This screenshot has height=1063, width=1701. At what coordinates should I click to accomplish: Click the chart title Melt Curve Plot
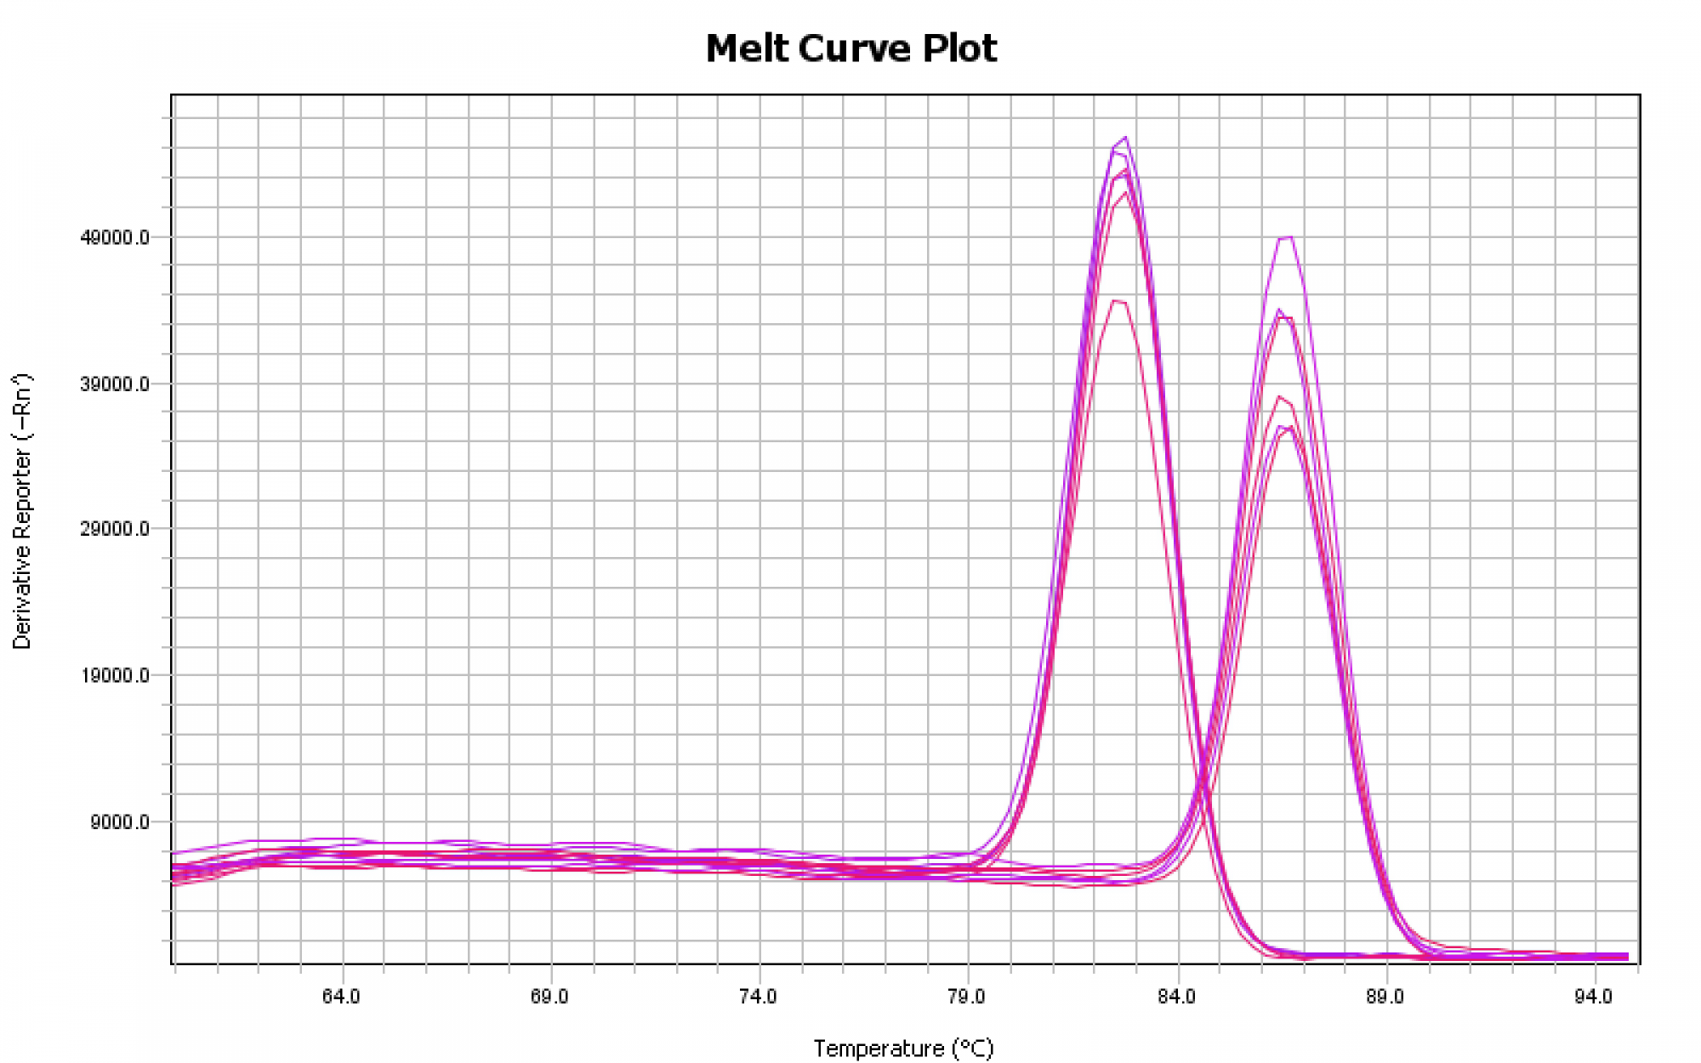pos(850,48)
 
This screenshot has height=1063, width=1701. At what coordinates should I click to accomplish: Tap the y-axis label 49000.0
pos(115,237)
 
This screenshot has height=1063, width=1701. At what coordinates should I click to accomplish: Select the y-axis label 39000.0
pos(115,384)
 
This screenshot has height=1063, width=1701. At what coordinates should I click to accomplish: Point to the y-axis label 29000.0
pos(115,529)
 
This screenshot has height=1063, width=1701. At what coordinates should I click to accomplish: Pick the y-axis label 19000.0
pos(115,676)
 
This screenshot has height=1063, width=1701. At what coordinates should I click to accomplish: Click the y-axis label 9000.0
pos(119,822)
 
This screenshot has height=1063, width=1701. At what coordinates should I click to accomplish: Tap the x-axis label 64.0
pos(341,996)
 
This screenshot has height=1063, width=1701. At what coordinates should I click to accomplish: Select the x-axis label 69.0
pos(549,996)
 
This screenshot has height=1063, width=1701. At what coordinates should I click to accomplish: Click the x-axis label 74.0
pos(759,996)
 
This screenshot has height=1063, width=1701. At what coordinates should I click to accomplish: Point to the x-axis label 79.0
pos(967,996)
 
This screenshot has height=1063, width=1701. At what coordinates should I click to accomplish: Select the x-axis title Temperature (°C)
pos(903,1049)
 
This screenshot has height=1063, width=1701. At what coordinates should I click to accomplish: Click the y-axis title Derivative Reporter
pos(22,510)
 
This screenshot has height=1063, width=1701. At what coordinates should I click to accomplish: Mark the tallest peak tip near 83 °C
pos(1126,137)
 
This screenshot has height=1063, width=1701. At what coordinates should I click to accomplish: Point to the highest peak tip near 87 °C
pos(1291,237)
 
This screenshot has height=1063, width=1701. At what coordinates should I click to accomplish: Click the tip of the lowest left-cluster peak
pos(1116,300)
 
